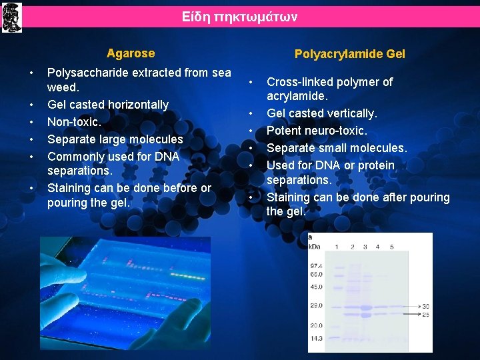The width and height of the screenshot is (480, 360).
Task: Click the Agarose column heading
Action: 131,53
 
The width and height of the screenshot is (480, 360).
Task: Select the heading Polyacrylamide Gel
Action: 349,54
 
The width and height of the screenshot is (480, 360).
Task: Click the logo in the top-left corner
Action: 12,17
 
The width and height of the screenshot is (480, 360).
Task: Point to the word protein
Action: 375,165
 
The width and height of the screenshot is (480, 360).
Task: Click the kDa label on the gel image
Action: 315,247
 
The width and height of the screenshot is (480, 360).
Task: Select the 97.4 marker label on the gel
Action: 316,265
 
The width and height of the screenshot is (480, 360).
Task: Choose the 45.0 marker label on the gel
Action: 316,287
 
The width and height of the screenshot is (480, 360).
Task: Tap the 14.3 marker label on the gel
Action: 316,339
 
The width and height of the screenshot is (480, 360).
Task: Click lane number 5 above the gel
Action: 391,247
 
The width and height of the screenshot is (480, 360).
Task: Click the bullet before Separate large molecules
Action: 32,139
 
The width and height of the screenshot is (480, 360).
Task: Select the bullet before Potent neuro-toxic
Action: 251,131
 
